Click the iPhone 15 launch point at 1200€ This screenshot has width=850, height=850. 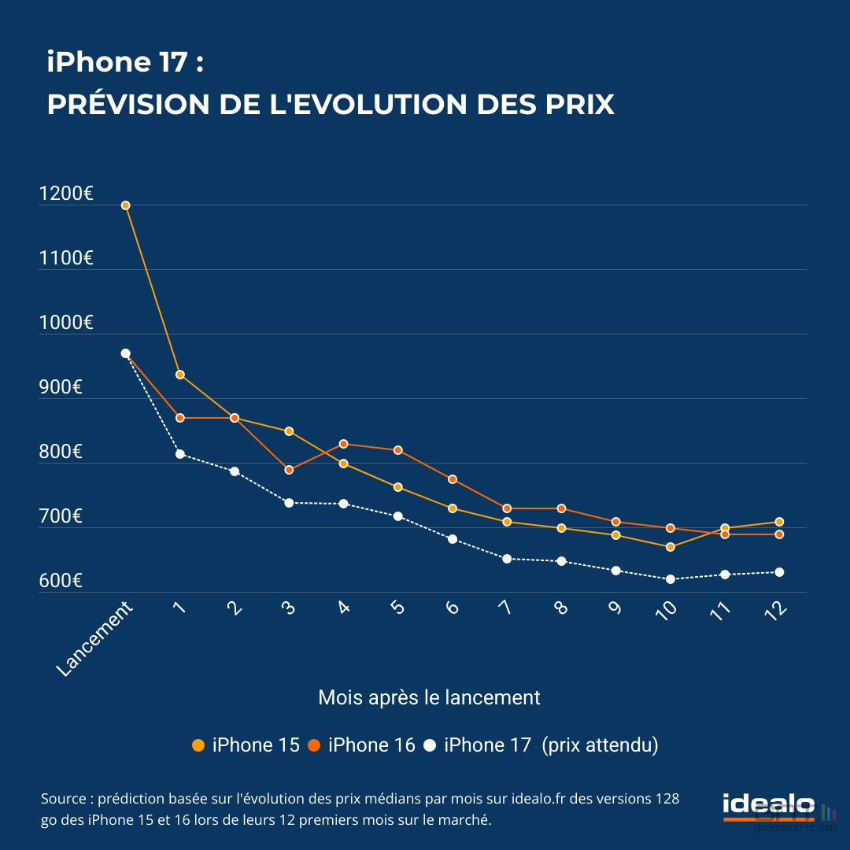point(125,205)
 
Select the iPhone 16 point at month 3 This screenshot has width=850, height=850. point(289,470)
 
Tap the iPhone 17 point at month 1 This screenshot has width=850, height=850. point(180,454)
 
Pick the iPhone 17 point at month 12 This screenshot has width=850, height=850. point(779,572)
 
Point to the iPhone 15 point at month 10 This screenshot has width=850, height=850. point(670,547)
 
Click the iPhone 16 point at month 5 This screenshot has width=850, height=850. point(398,450)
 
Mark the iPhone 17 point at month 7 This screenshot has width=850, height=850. point(507,559)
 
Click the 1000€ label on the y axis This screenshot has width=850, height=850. point(66,323)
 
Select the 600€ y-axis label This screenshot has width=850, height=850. point(61,581)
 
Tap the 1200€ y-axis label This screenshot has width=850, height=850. point(66,194)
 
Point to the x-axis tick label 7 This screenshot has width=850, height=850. point(504,608)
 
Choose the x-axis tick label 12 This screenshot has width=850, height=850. point(774,611)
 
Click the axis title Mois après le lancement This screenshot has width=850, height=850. point(429,697)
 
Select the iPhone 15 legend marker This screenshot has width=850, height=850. point(198,745)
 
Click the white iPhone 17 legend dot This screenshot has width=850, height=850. point(430,745)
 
